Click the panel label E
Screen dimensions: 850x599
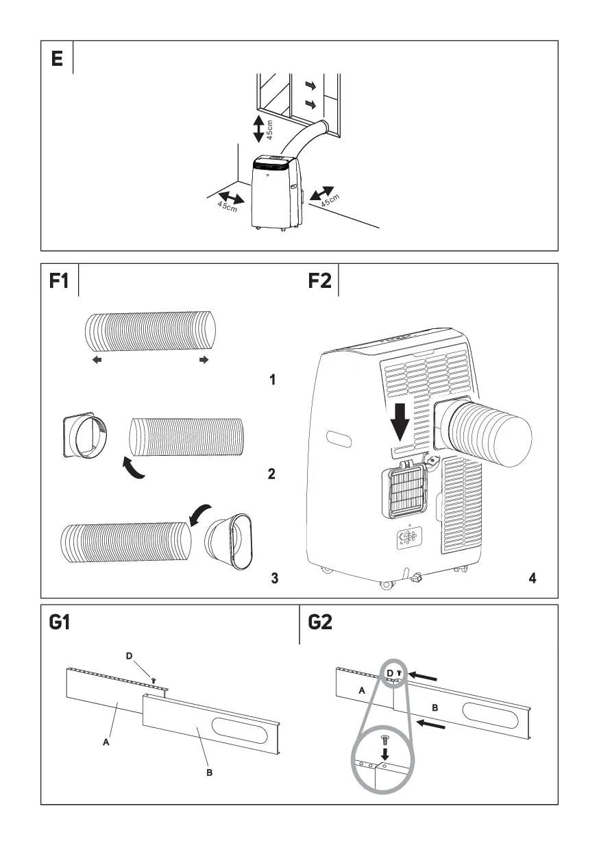pos(56,59)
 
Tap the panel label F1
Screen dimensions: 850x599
pos(60,282)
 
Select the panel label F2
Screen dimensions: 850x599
pos(320,282)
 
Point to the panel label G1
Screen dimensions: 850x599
pos(60,623)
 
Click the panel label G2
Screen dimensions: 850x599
pos(321,623)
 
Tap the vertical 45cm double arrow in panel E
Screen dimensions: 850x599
pos(258,129)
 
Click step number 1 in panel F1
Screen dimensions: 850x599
pos(272,379)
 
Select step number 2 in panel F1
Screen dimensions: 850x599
pos(272,474)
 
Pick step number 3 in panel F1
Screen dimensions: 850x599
pos(274,578)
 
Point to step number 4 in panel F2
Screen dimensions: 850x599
pos(533,578)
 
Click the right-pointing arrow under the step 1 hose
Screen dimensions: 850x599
pos(204,361)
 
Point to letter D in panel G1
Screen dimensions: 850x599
pos(130,657)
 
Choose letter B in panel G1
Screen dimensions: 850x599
pos(210,773)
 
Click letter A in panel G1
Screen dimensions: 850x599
pos(106,742)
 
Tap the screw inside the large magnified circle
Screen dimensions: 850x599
pos(384,740)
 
